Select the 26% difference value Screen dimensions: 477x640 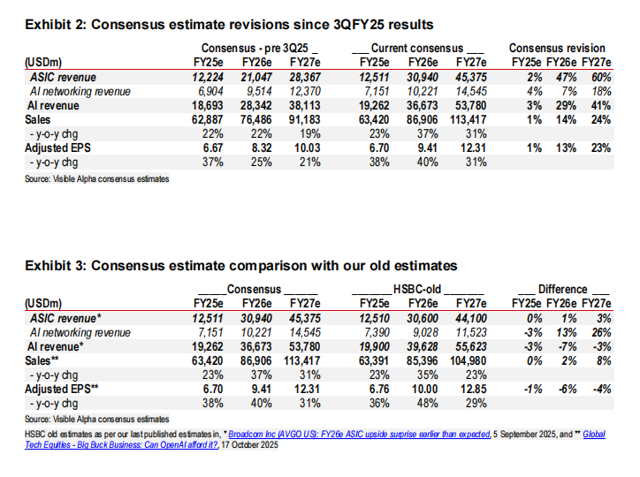(603, 332)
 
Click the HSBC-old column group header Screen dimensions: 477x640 (418, 289)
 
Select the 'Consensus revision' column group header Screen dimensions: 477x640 (558, 48)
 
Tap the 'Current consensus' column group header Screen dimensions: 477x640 (418, 48)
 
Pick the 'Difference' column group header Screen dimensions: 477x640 (562, 289)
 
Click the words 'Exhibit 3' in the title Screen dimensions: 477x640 (52, 265)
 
